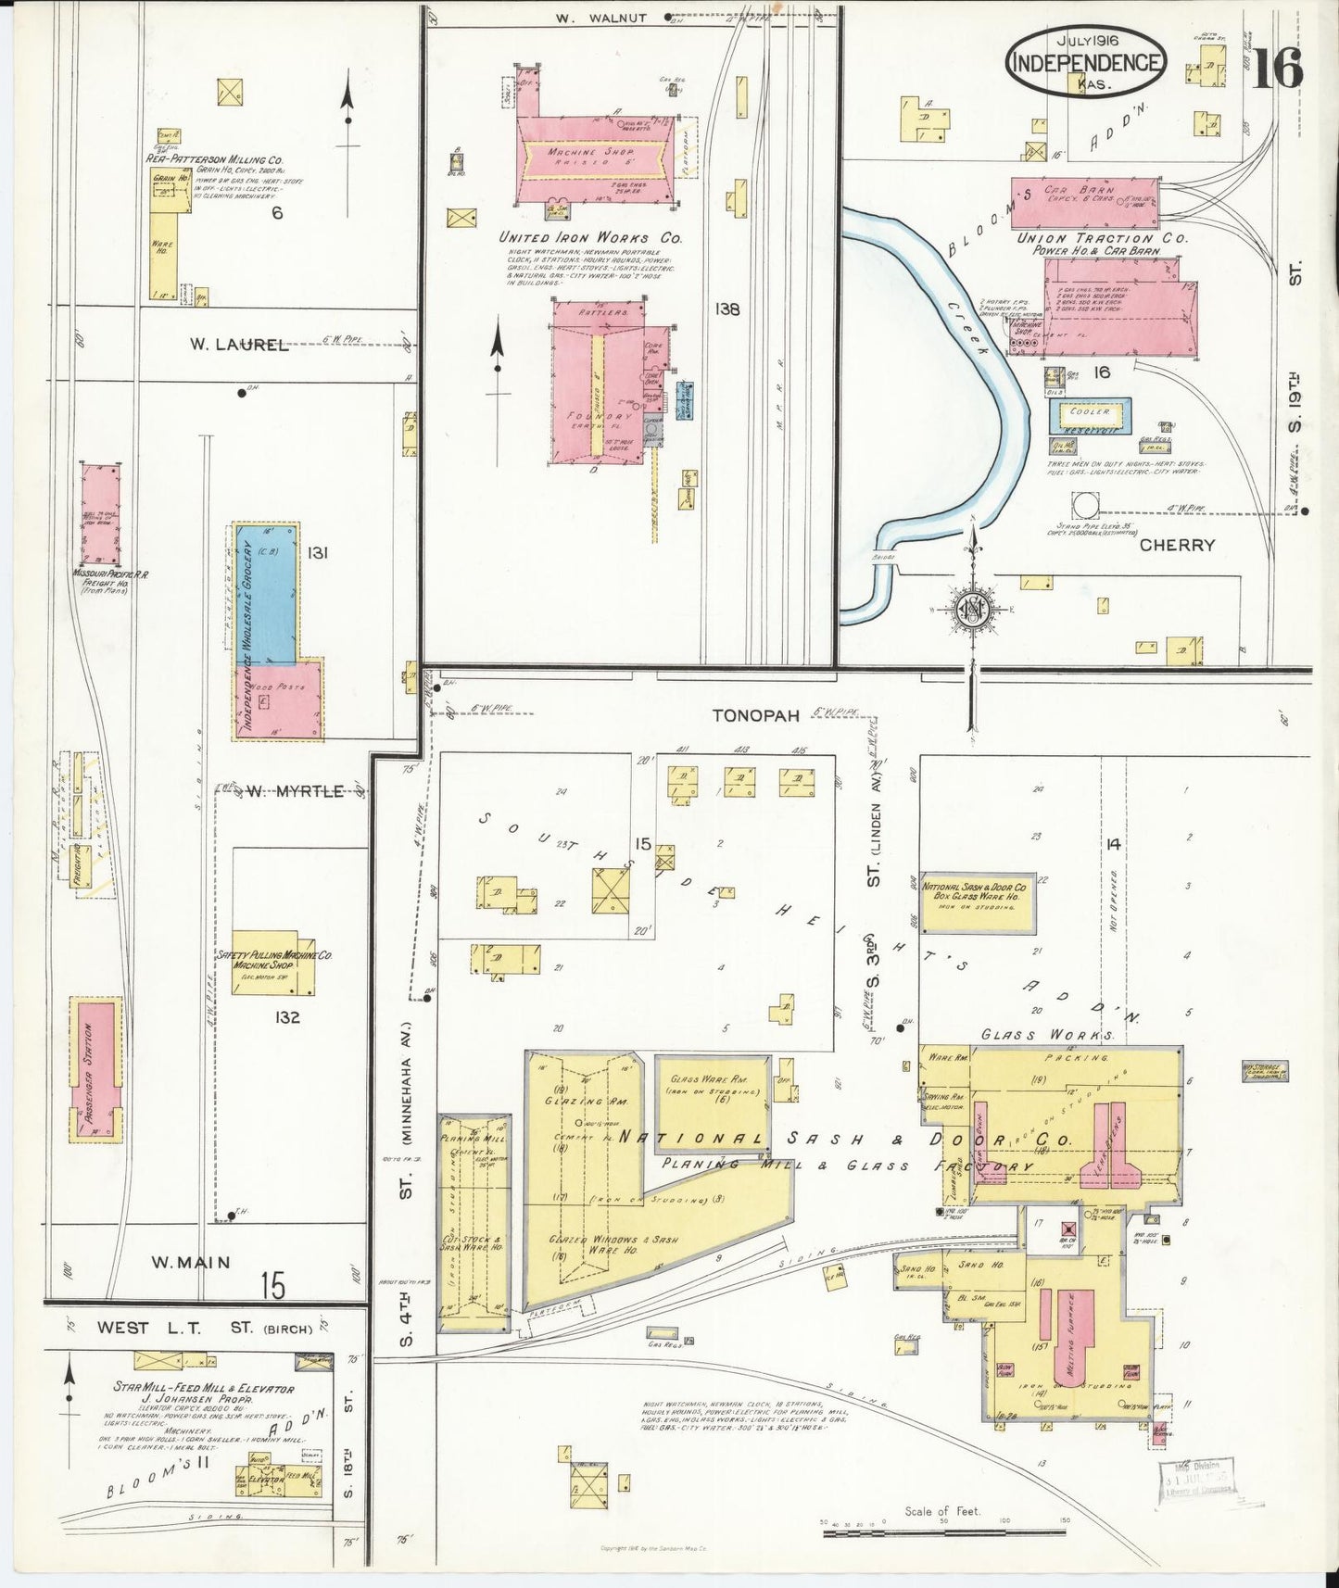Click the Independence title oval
coord(1085,61)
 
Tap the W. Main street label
coord(191,1262)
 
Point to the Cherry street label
coord(1177,545)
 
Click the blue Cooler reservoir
coord(1091,416)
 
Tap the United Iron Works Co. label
coord(590,238)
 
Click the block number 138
coord(726,309)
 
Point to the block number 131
coord(318,553)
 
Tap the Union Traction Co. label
coord(1102,238)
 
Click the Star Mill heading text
coord(203,1388)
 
